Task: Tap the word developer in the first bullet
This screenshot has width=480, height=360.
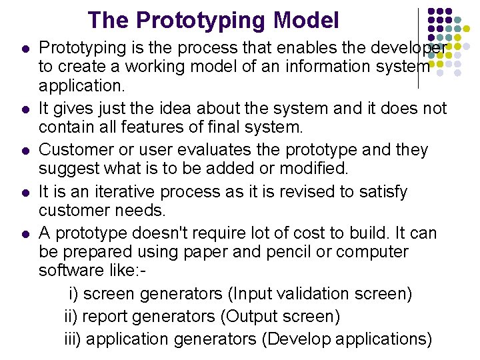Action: point(407,47)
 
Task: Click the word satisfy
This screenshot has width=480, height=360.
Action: point(376,192)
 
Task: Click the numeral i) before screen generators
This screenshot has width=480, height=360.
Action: point(74,293)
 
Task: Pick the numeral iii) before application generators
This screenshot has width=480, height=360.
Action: point(73,339)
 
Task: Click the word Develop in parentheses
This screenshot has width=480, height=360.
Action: point(297,339)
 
